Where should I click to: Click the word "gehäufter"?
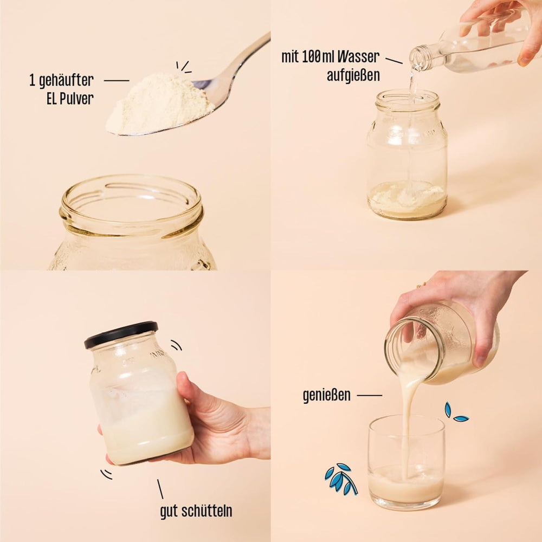pos(66,81)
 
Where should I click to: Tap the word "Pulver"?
pos(76,99)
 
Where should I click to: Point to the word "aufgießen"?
pos(353,75)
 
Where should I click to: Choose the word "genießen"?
pos(327,395)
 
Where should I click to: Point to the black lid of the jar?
pos(121,334)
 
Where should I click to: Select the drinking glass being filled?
pos(406,462)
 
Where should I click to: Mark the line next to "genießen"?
pos(370,395)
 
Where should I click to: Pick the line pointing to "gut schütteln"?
pos(160,489)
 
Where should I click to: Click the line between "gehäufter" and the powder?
pos(117,81)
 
